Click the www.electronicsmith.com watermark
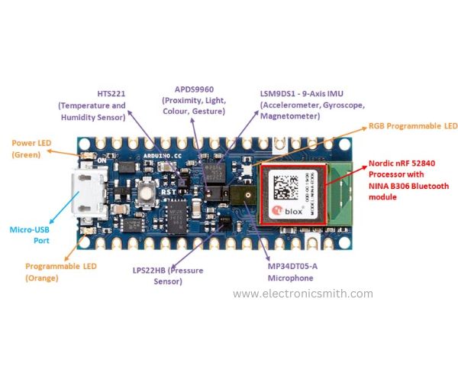click(303, 294)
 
